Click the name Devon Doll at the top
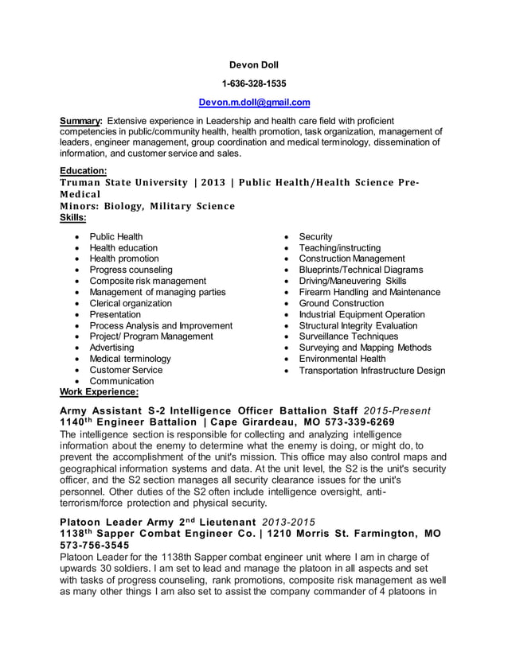pyautogui.click(x=254, y=64)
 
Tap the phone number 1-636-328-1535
pyautogui.click(x=254, y=83)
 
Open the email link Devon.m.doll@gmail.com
pyautogui.click(x=254, y=103)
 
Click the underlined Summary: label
pyautogui.click(x=81, y=120)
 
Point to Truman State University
pyautogui.click(x=124, y=183)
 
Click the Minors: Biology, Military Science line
pyautogui.click(x=147, y=206)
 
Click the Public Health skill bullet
pyautogui.click(x=116, y=236)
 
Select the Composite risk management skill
pyautogui.click(x=147, y=281)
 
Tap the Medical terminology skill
pyautogui.click(x=130, y=359)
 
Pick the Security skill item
pyautogui.click(x=315, y=236)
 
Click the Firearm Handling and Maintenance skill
pyautogui.click(x=369, y=292)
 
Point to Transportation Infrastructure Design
pyautogui.click(x=372, y=370)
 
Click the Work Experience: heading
pyautogui.click(x=100, y=392)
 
